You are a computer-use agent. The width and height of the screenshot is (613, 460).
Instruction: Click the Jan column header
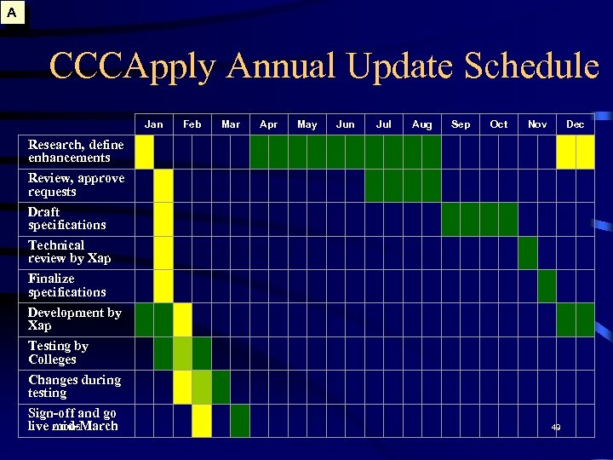tap(154, 124)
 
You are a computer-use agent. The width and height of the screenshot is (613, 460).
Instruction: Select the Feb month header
tap(192, 124)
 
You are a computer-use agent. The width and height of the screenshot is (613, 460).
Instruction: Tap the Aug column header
tap(421, 124)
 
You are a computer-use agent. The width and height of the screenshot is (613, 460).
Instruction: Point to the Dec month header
tap(576, 124)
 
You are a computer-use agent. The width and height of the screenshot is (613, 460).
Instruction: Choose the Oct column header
tap(499, 124)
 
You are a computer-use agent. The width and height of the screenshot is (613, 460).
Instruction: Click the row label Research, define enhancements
tap(75, 151)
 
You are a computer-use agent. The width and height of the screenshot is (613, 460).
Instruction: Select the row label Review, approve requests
tap(76, 185)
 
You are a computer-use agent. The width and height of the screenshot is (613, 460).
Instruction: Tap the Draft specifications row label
tap(66, 218)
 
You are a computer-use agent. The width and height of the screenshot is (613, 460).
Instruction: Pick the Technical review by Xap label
tap(69, 251)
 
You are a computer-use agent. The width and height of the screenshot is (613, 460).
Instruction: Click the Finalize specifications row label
tap(66, 285)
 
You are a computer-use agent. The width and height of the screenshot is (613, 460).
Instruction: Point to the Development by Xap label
tap(74, 319)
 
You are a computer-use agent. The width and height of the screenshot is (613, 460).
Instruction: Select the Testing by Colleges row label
tap(58, 353)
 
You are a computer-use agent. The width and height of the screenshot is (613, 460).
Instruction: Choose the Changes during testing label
tap(74, 386)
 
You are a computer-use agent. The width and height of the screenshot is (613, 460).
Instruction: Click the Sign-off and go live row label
tap(72, 419)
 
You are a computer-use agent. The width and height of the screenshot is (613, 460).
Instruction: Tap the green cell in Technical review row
tap(528, 252)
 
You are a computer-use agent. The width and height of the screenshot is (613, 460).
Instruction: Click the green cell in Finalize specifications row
tap(547, 286)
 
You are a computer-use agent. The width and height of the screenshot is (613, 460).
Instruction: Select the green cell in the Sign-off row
tap(240, 420)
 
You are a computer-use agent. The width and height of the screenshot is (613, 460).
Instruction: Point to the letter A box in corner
tap(12, 13)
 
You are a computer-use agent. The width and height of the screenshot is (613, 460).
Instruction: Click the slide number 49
tap(556, 427)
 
